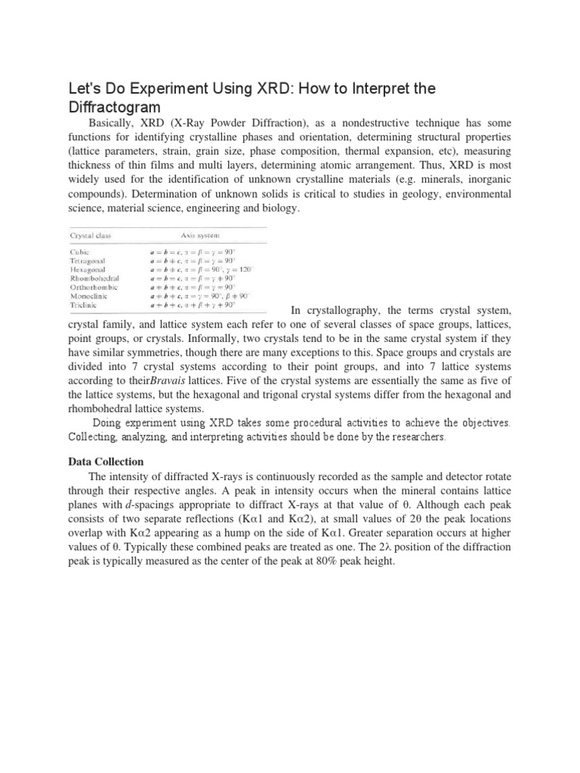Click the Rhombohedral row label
pos(94,278)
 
